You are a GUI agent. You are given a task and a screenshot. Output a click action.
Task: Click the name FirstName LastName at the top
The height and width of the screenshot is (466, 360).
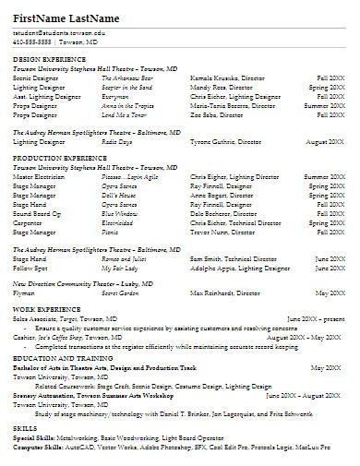tap(66, 18)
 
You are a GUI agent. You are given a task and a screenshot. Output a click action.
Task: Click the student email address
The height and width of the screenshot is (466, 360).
tap(59, 32)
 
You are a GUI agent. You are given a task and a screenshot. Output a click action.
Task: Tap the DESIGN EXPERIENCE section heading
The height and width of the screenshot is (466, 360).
tap(46, 58)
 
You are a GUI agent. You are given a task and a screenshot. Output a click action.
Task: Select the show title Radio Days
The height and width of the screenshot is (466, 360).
tap(116, 142)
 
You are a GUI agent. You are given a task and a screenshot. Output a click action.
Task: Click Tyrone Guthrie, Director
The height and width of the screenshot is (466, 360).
tap(224, 142)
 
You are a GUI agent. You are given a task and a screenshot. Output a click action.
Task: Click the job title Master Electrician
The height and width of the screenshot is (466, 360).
tap(40, 175)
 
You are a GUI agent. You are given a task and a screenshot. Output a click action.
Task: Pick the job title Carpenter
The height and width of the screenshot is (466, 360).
tap(28, 222)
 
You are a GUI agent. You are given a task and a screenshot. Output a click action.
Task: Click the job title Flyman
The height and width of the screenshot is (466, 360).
tap(25, 293)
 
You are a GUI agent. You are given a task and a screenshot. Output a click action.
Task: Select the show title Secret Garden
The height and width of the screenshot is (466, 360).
tap(120, 293)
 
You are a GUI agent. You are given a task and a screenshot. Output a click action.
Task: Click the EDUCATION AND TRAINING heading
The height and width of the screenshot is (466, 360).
tap(56, 357)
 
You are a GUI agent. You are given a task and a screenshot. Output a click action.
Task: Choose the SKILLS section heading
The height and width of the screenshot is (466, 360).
tap(25, 429)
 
